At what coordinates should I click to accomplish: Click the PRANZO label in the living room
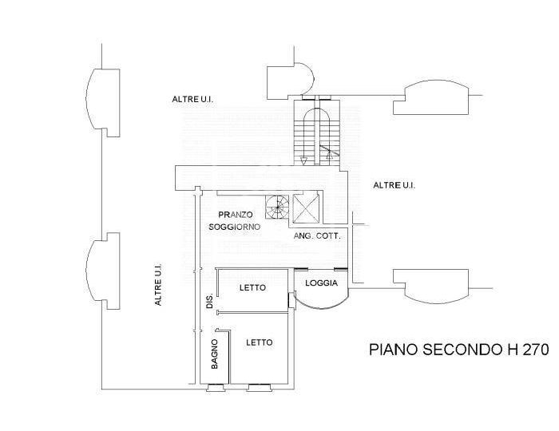click(236, 215)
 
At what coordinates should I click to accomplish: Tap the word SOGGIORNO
click(234, 227)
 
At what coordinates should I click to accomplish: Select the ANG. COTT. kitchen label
click(317, 235)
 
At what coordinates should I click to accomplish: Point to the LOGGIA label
click(321, 283)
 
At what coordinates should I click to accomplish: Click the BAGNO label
click(214, 354)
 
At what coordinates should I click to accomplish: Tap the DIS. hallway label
click(209, 301)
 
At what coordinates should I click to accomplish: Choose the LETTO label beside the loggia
click(252, 287)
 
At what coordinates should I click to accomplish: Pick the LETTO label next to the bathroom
click(260, 342)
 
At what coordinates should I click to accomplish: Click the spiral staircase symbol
click(277, 207)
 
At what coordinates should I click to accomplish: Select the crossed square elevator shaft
click(305, 207)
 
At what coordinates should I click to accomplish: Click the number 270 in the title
click(536, 350)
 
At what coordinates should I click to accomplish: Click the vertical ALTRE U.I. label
click(158, 284)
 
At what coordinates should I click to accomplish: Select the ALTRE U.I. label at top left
click(192, 99)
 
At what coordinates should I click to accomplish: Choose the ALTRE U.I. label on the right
click(394, 185)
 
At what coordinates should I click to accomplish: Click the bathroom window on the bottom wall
click(216, 387)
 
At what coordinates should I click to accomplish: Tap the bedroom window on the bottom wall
click(260, 387)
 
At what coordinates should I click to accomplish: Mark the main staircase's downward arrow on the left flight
click(303, 160)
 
